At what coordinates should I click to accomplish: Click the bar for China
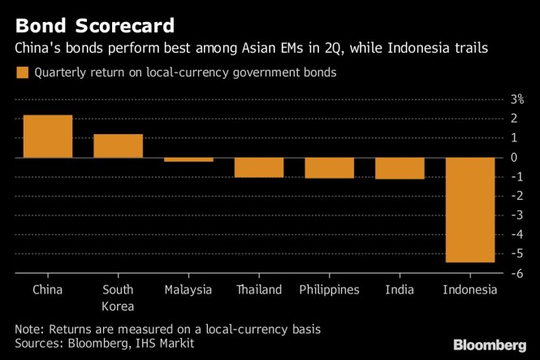coord(47,137)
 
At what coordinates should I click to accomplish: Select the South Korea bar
coord(119,146)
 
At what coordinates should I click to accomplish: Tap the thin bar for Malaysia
coord(188,160)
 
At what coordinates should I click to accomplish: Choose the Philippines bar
coord(330,167)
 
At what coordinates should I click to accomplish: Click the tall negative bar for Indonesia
coord(470,210)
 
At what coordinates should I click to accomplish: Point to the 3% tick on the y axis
coord(516,99)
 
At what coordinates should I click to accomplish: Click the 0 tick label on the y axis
coord(515,157)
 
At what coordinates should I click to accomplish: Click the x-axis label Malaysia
coord(188,290)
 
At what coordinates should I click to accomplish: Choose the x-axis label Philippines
coord(330,290)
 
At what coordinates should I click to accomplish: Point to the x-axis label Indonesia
coord(470,290)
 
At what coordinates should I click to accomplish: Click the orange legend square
coord(21,73)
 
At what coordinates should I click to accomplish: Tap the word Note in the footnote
coord(29,329)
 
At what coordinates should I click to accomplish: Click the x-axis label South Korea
coord(119,297)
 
